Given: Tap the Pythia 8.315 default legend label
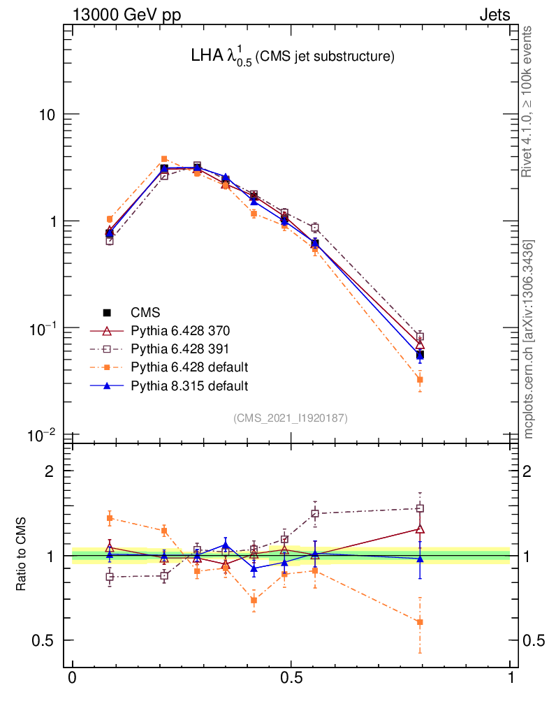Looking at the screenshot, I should click(x=189, y=385).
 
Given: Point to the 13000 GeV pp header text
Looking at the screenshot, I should click(x=126, y=15).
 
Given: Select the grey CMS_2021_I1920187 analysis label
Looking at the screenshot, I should click(x=291, y=418).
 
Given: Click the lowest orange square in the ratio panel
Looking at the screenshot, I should click(x=420, y=622).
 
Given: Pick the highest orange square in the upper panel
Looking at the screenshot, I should click(x=164, y=159).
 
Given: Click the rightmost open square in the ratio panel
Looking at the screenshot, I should click(x=420, y=508).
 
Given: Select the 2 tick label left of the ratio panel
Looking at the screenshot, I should click(x=50, y=471).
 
